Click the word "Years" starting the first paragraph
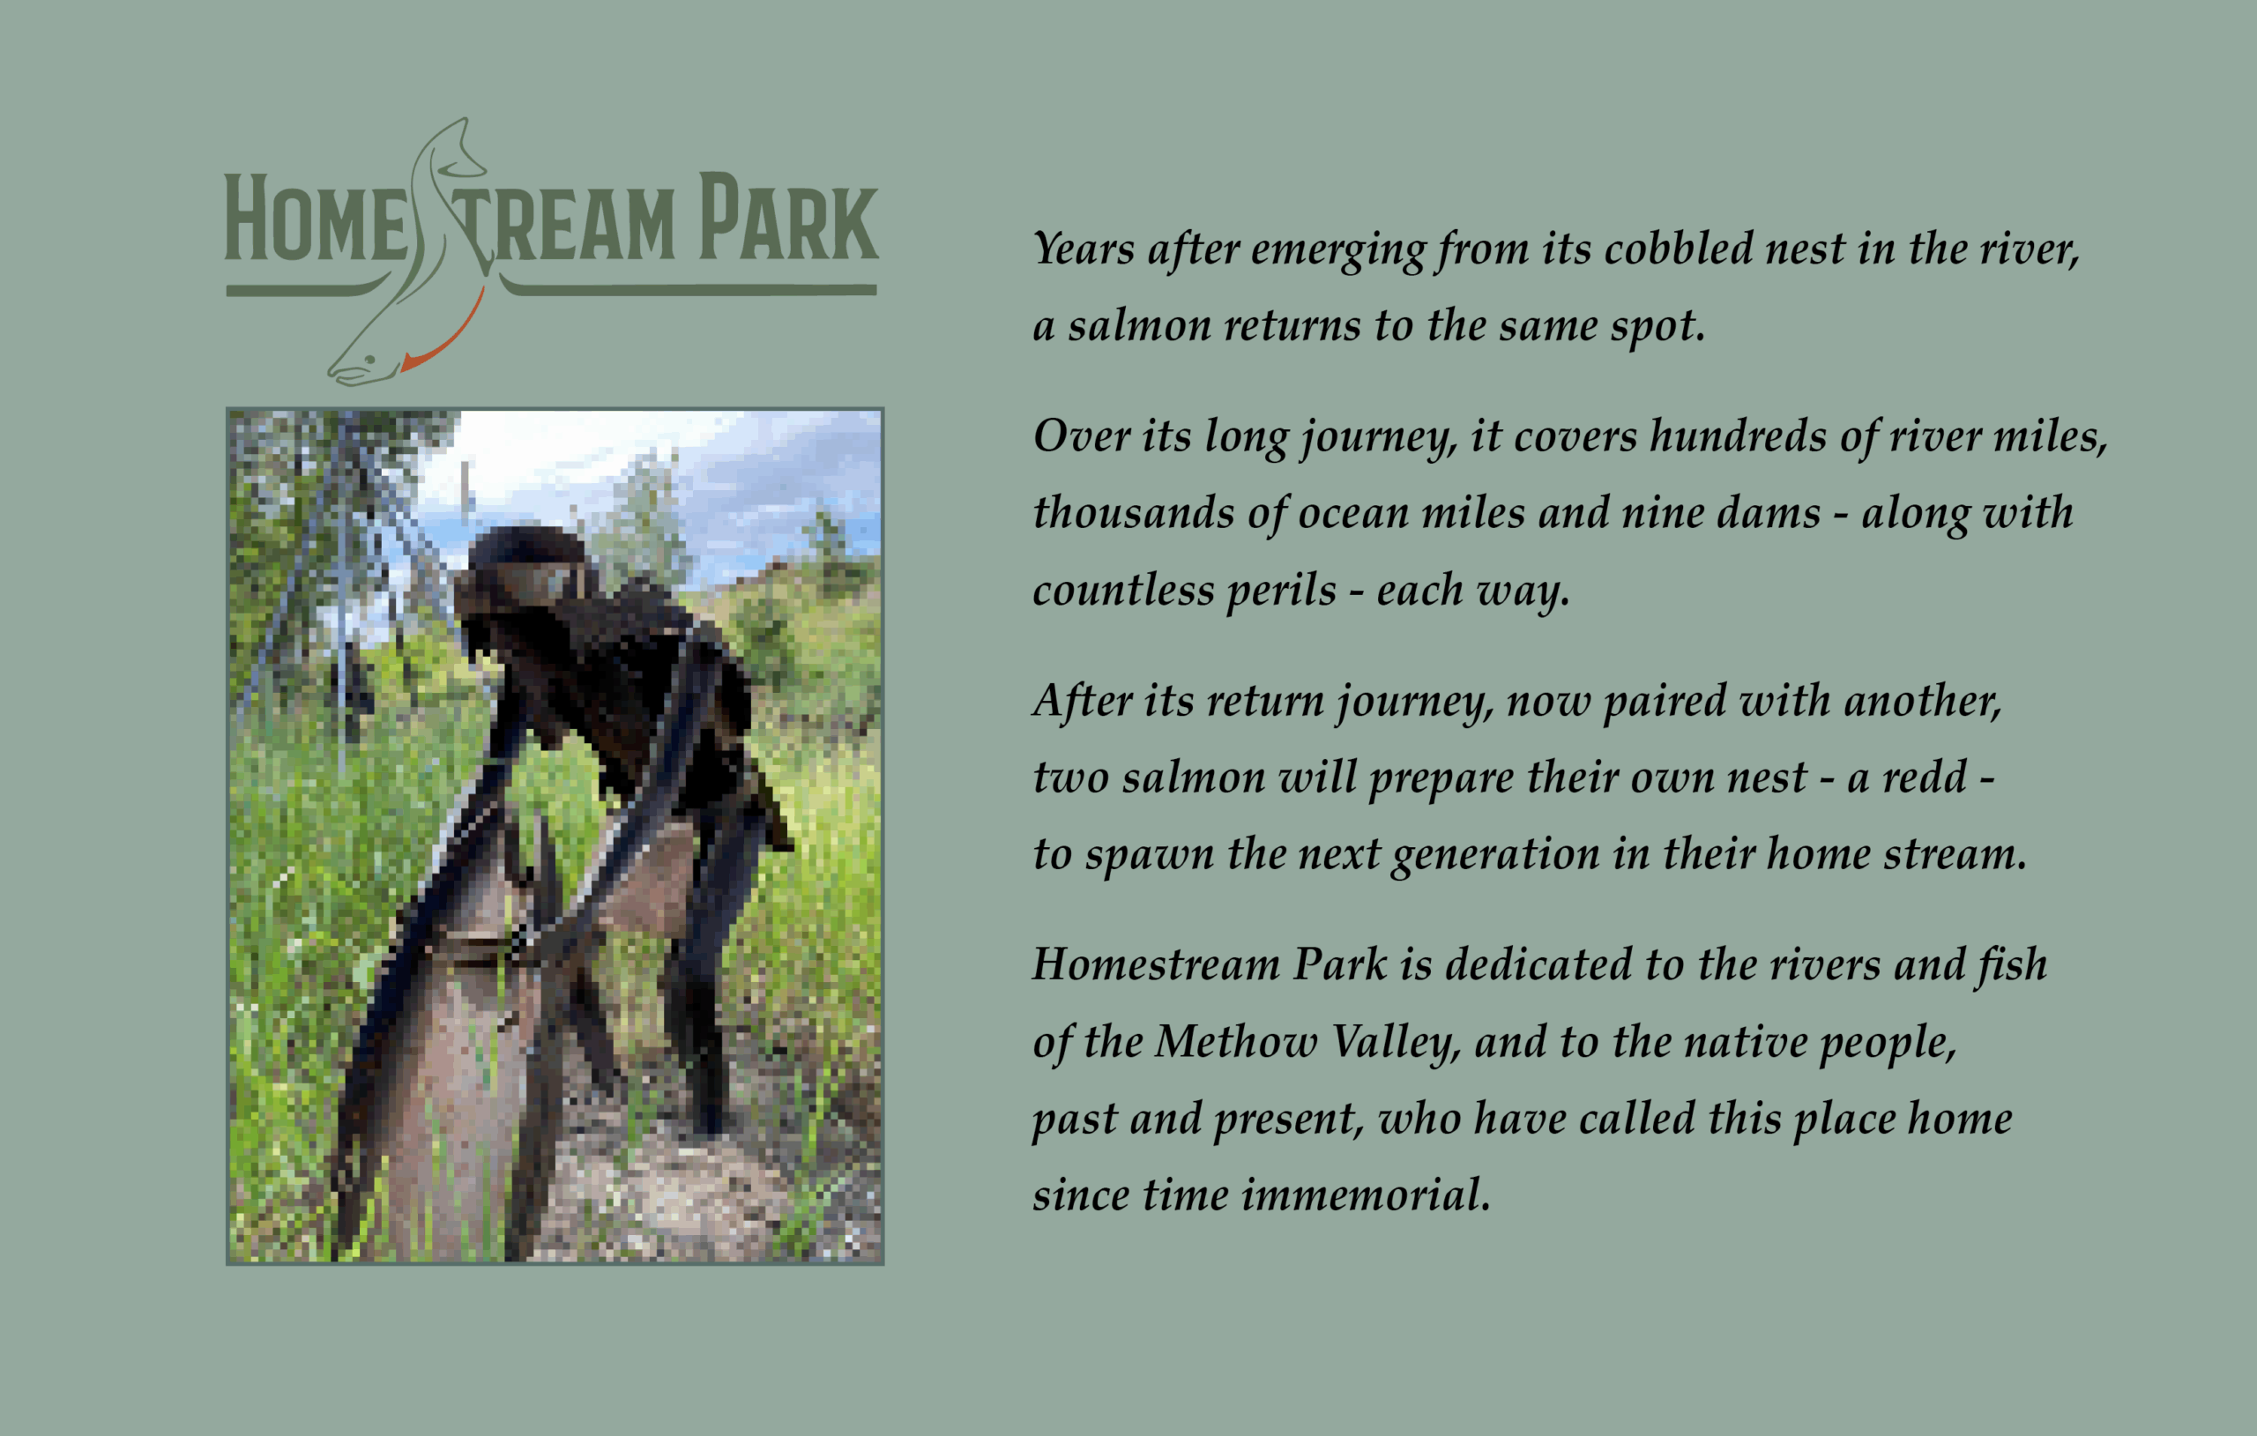[x=1084, y=249]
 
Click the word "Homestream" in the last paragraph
[x=1157, y=965]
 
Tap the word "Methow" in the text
[x=1235, y=1042]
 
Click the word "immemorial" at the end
[x=1366, y=1196]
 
